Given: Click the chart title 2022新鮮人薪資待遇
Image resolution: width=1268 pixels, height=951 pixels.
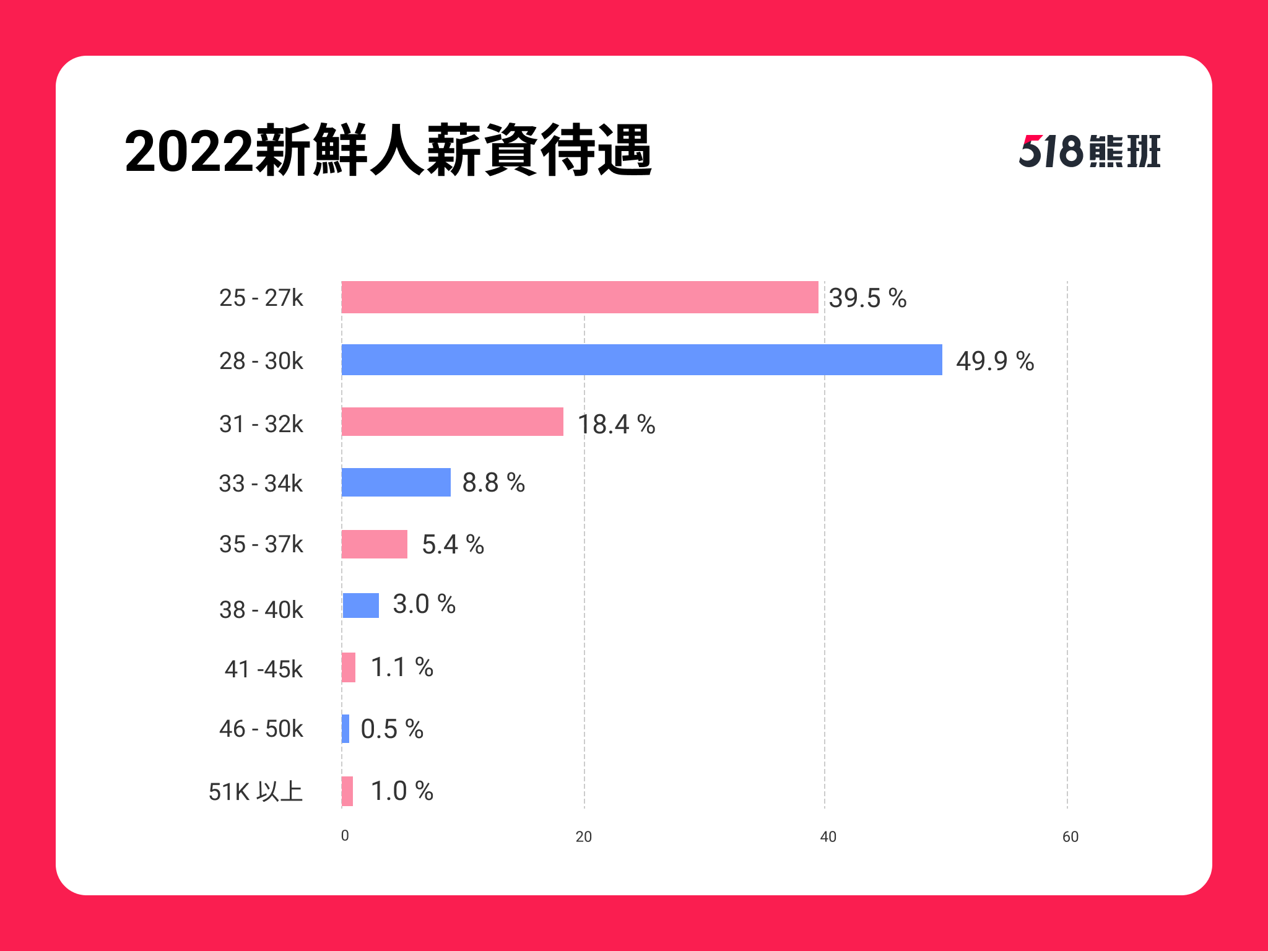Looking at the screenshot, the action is [388, 151].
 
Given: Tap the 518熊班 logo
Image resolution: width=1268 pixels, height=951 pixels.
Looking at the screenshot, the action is [1090, 151].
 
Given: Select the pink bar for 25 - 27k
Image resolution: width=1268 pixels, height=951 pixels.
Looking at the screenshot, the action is [580, 297].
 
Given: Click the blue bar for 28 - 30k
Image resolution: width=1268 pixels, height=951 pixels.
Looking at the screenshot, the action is [642, 360].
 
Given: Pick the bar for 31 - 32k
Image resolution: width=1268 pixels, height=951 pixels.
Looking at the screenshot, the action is [453, 422].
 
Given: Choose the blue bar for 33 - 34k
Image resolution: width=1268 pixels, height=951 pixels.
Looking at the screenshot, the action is [396, 482].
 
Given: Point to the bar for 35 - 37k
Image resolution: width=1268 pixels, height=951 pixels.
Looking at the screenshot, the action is [375, 544].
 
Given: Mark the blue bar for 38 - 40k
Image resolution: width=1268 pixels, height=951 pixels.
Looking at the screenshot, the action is [361, 606].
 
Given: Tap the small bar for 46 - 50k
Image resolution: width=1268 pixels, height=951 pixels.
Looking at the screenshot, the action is [345, 729].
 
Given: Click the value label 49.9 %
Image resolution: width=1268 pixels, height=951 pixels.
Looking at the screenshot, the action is [995, 361].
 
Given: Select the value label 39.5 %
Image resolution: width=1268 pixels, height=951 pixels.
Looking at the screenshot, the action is [867, 298].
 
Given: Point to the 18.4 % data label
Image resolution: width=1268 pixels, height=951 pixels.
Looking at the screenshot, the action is [616, 424].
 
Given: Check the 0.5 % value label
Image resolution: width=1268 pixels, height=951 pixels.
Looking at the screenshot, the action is [392, 729].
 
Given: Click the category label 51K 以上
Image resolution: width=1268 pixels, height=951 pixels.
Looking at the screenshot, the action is [256, 792].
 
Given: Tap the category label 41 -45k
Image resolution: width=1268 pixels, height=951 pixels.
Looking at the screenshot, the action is [264, 669].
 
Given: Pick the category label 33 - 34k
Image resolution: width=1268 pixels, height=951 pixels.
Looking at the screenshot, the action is [261, 484].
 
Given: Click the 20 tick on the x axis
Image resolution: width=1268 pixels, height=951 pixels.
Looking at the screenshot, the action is [584, 837].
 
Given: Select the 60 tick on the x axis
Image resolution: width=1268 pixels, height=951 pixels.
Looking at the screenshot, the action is [1070, 837].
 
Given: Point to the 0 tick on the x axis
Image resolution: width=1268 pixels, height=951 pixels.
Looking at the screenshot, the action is [345, 836].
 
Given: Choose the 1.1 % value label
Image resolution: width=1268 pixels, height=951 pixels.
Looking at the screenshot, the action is [402, 667].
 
